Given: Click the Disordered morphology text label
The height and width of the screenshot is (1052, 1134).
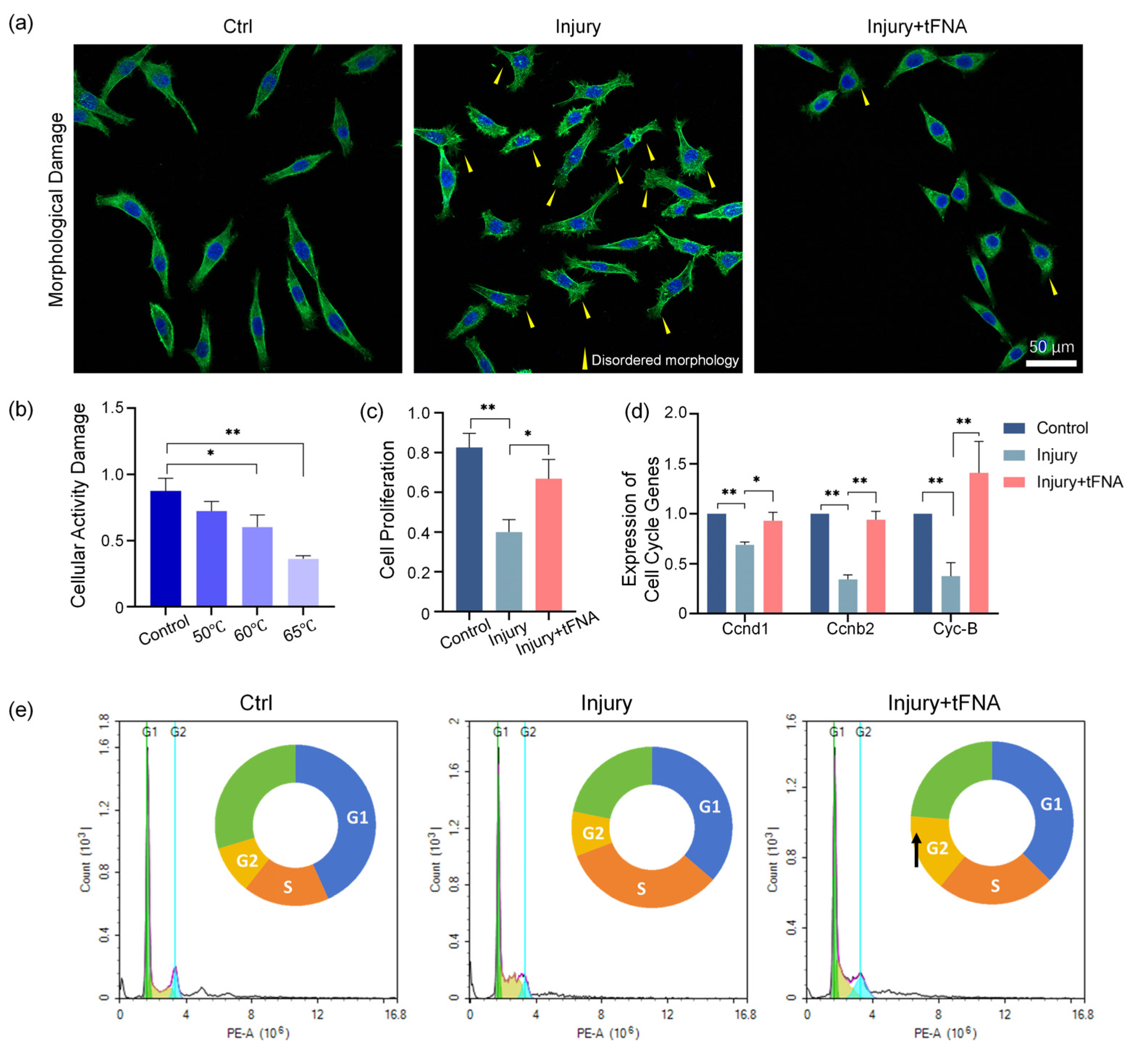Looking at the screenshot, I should coord(664,360).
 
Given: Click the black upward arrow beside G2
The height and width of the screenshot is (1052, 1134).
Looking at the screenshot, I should coord(916,851).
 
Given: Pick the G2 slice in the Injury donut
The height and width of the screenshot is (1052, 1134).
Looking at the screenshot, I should coord(592,833).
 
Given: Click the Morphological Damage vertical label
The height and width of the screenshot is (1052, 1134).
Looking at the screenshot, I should coord(56,209).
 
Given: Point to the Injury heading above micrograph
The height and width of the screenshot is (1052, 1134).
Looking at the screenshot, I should coord(578,27).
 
